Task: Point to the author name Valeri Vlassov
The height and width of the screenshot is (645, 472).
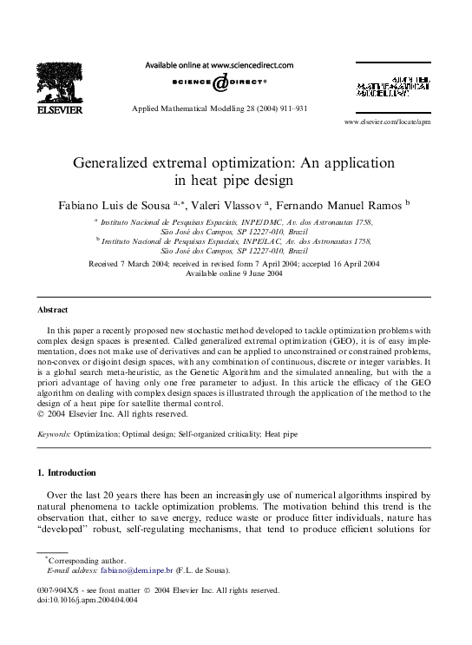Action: coord(233,205)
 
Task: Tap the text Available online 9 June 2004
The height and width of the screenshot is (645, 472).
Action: coord(234,273)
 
